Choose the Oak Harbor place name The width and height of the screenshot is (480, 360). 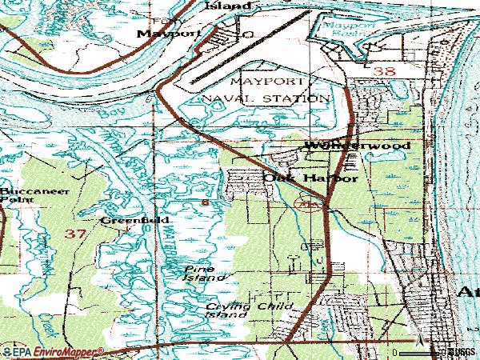pyautogui.click(x=310, y=179)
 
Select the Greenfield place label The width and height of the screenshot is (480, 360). pyautogui.click(x=122, y=219)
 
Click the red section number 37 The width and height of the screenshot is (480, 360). pyautogui.click(x=75, y=234)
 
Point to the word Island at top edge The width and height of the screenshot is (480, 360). pyautogui.click(x=227, y=5)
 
